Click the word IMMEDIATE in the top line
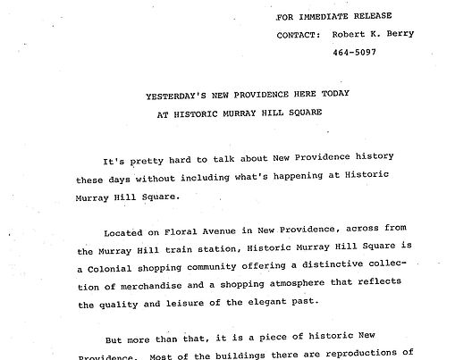[x=332, y=17]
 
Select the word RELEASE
[x=389, y=17]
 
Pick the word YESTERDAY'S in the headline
[x=179, y=96]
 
